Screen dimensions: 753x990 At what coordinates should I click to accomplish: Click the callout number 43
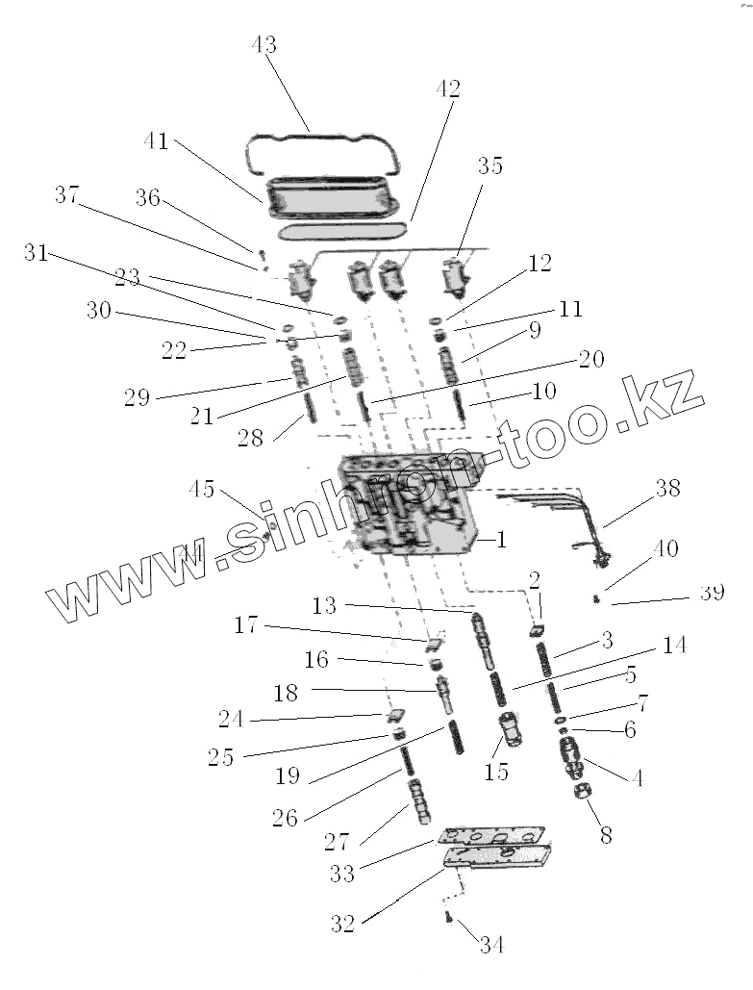click(x=264, y=45)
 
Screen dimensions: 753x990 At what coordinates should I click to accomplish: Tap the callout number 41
click(x=156, y=141)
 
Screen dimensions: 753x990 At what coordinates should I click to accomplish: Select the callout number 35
click(x=489, y=165)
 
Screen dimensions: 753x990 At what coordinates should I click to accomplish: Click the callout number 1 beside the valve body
click(x=501, y=540)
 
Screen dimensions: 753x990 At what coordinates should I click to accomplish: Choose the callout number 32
click(x=343, y=925)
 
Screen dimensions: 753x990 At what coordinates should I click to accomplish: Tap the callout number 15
click(x=495, y=773)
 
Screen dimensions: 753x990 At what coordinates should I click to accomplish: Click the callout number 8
click(x=605, y=835)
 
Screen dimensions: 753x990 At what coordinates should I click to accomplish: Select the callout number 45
click(x=202, y=489)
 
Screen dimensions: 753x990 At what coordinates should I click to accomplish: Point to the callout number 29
click(x=137, y=397)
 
